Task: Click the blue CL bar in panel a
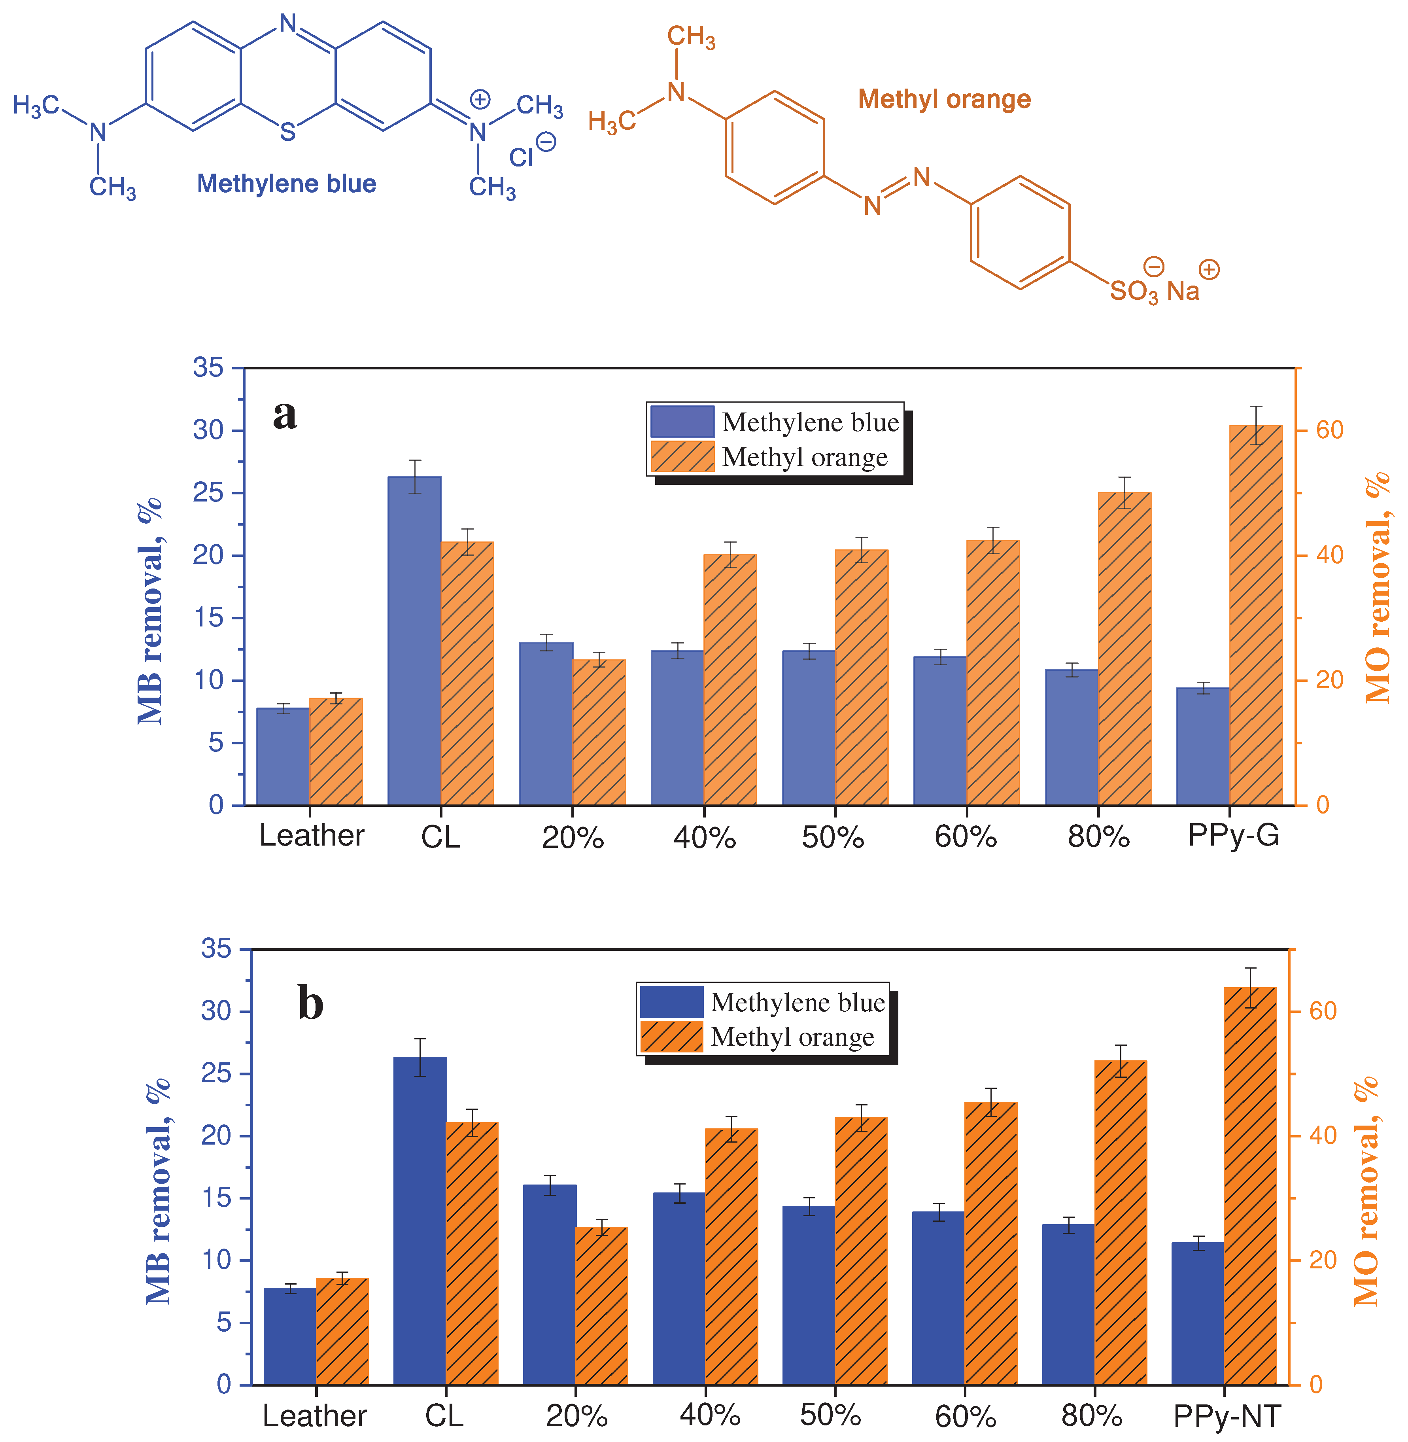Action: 414,640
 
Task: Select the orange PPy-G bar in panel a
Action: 1256,614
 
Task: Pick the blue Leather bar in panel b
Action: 290,1336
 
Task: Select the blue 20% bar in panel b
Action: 550,1284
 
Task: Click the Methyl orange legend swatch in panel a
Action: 682,456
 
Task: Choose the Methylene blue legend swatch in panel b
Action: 671,1002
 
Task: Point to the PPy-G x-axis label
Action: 1234,835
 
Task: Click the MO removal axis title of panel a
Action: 1377,588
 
